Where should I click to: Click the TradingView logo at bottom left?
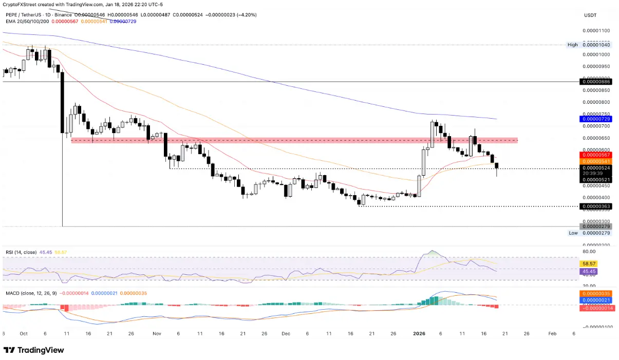pyautogui.click(x=34, y=350)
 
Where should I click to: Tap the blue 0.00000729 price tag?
pyautogui.click(x=596, y=119)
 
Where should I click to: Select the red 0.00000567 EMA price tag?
pyautogui.click(x=596, y=155)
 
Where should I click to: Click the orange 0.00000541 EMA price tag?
pyautogui.click(x=596, y=161)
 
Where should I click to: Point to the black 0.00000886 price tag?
pyautogui.click(x=596, y=82)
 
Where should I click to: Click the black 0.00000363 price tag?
pyautogui.click(x=596, y=206)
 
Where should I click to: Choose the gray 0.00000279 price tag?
pyautogui.click(x=596, y=226)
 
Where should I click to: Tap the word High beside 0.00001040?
pyautogui.click(x=572, y=45)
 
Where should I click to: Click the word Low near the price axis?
pyautogui.click(x=573, y=233)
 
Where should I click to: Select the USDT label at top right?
pyautogui.click(x=590, y=15)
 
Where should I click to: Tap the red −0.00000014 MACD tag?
pyautogui.click(x=596, y=308)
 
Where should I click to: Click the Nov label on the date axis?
pyautogui.click(x=156, y=333)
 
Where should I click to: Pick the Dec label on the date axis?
pyautogui.click(x=286, y=333)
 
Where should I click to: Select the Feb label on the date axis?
pyautogui.click(x=552, y=333)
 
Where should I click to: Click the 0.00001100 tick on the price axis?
pyautogui.click(x=596, y=31)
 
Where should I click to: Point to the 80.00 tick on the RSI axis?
pyautogui.click(x=589, y=252)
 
